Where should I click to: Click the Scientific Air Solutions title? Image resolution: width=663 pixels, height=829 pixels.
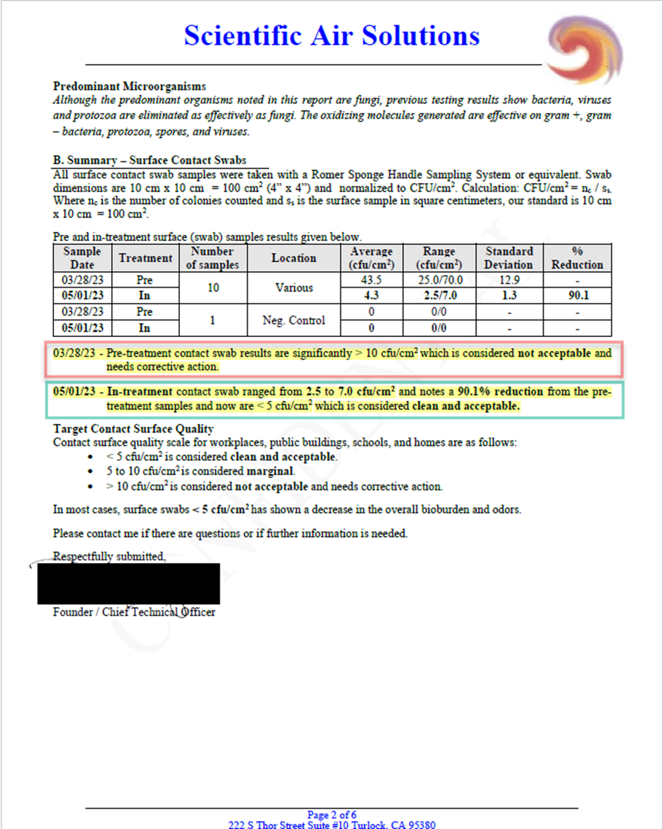click(x=331, y=34)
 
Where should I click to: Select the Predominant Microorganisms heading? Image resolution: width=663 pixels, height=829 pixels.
click(x=129, y=86)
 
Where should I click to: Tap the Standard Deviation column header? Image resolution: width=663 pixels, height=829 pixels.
click(x=508, y=257)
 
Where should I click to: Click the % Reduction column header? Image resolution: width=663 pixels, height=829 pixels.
click(x=577, y=257)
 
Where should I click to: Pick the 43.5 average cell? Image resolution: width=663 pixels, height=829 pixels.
click(x=372, y=279)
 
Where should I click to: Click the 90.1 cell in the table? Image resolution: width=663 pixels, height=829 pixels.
click(x=577, y=295)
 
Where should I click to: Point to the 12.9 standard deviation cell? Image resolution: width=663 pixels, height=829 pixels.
click(x=508, y=279)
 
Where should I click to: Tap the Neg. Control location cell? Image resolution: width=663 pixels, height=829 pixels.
click(x=294, y=320)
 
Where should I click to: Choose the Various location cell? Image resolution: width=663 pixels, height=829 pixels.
click(x=294, y=287)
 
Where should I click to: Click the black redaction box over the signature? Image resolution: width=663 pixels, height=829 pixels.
click(x=129, y=583)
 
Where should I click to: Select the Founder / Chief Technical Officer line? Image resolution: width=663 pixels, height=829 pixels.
click(x=134, y=612)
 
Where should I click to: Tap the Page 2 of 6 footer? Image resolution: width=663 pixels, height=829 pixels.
click(x=331, y=815)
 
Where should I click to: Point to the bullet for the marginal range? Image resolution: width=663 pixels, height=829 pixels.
click(x=90, y=471)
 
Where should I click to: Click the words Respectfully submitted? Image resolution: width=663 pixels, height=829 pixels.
click(x=109, y=557)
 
